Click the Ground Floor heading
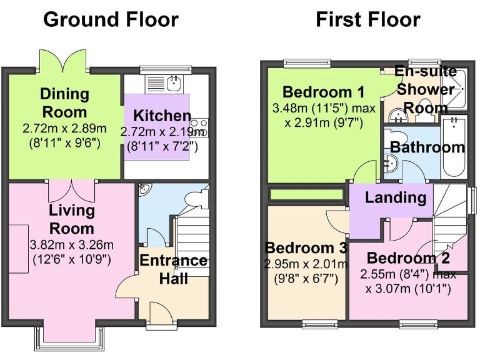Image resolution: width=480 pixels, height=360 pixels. (111, 19)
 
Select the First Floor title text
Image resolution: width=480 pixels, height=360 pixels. (367, 19)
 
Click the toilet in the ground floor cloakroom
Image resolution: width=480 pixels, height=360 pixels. (199, 199)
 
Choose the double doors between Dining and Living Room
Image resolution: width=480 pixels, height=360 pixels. (71, 189)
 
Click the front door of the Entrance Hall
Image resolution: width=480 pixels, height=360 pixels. (161, 311)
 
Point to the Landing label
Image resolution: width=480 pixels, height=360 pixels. (395, 198)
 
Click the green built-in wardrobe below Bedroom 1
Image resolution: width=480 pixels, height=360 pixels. (306, 194)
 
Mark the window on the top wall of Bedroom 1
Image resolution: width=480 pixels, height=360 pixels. (307, 62)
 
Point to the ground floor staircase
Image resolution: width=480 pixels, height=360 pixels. (191, 241)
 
